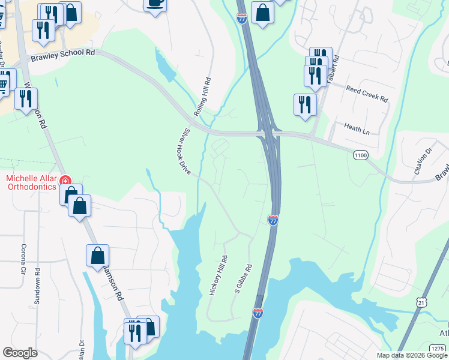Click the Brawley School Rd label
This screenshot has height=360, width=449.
point(62,52)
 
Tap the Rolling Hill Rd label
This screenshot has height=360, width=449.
point(203,97)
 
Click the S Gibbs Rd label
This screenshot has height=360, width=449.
point(243,280)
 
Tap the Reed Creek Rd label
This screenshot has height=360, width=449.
point(367,93)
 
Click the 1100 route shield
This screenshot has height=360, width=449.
point(360,155)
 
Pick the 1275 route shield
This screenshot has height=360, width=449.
point(438,348)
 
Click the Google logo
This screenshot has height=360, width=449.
point(20,353)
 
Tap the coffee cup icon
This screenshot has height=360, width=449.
point(155,4)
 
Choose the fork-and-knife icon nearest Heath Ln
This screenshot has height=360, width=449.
point(305,104)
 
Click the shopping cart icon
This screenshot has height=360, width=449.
point(4,83)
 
